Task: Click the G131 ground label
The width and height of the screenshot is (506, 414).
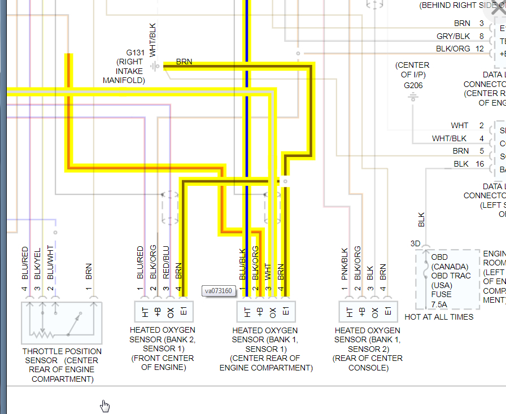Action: (x=136, y=53)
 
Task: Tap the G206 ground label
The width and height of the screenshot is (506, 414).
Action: (x=413, y=85)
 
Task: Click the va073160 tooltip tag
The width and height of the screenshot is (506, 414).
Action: (x=218, y=291)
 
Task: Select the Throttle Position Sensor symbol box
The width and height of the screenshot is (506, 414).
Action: (x=62, y=323)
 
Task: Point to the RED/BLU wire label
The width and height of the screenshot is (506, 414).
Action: (x=166, y=262)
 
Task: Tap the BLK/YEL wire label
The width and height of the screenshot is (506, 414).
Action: (x=38, y=263)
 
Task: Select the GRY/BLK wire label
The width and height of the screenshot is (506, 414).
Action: (x=453, y=36)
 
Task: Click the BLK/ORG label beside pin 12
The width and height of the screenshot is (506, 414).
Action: (x=453, y=49)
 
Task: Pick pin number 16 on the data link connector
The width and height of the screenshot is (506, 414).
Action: (x=479, y=164)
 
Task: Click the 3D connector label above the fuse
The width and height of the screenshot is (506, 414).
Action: (x=415, y=243)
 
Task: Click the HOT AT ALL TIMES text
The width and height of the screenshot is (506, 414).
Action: (x=439, y=317)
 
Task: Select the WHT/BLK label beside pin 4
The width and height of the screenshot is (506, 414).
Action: (x=450, y=138)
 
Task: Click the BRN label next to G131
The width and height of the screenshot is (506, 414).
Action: (x=184, y=61)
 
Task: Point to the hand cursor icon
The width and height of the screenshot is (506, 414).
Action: (x=105, y=406)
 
